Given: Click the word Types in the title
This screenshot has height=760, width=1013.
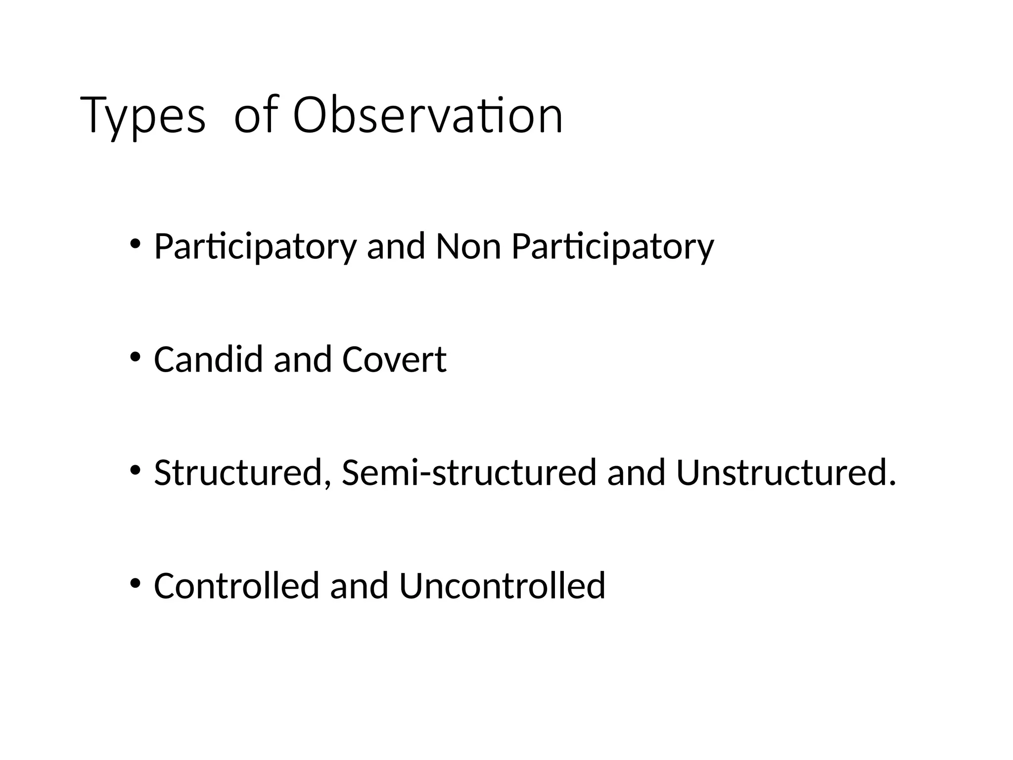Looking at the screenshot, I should (142, 117).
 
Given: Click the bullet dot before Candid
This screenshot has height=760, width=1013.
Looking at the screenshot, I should (135, 357).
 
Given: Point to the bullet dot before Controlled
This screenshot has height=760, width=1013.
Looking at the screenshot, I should (135, 583).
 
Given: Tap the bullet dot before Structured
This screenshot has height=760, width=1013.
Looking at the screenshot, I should (135, 470).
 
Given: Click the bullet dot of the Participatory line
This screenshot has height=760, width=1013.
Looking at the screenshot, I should (135, 243).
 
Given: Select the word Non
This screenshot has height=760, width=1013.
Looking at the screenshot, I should (468, 246).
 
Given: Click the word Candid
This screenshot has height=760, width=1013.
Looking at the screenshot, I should (208, 359).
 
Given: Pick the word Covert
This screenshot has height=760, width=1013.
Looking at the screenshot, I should (394, 359).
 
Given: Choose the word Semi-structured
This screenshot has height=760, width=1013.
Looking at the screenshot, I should (469, 473).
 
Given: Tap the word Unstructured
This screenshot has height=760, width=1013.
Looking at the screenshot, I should (786, 473).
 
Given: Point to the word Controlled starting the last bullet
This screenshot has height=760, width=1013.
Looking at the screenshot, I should (236, 586).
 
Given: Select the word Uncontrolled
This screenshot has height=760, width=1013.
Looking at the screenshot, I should (502, 586).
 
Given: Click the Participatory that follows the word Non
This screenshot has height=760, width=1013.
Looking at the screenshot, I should (613, 247).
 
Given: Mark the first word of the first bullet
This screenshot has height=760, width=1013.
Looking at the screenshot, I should (255, 247).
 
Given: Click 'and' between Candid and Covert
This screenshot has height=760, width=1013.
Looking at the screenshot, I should (302, 359).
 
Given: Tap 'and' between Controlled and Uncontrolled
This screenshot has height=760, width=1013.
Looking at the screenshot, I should (359, 586).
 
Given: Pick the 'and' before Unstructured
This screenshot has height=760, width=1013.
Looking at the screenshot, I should (636, 473).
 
